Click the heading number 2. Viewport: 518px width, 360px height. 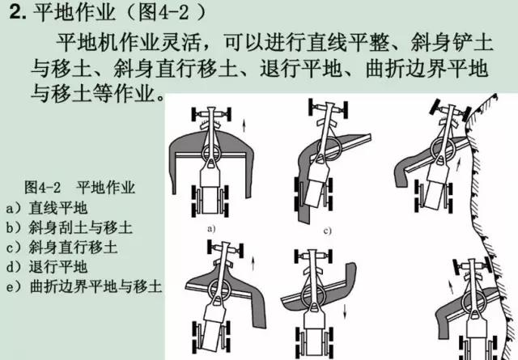[18, 13]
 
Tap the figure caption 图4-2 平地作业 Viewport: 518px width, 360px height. [79, 187]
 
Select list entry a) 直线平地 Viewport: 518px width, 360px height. [47, 208]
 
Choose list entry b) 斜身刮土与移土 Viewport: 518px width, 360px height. [69, 227]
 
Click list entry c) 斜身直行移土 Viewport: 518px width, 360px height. [62, 247]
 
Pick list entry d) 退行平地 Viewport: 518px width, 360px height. [47, 266]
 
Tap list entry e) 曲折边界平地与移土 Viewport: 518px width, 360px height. [84, 286]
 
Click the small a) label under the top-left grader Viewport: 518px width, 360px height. [210, 229]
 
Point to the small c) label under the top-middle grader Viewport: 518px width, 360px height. [327, 231]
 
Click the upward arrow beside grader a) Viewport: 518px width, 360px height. [244, 125]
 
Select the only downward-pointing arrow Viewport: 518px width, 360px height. [345, 311]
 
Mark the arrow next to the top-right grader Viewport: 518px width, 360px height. [459, 164]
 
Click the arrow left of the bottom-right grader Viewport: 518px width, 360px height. [451, 286]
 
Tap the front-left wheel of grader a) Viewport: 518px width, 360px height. [194, 114]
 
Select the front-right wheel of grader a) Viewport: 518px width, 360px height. [227, 114]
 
